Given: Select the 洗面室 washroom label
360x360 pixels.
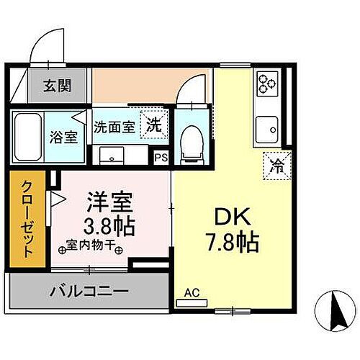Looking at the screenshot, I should point(114,127).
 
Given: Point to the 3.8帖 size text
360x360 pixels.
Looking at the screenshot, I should point(109,226).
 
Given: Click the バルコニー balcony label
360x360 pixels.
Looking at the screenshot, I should point(89,292).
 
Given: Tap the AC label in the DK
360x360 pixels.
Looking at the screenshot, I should point(191,292).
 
